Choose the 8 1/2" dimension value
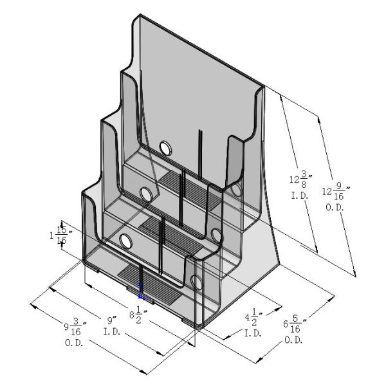coord(141,316)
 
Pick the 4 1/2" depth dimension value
coord(252,318)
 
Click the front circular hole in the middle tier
coord(146,194)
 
